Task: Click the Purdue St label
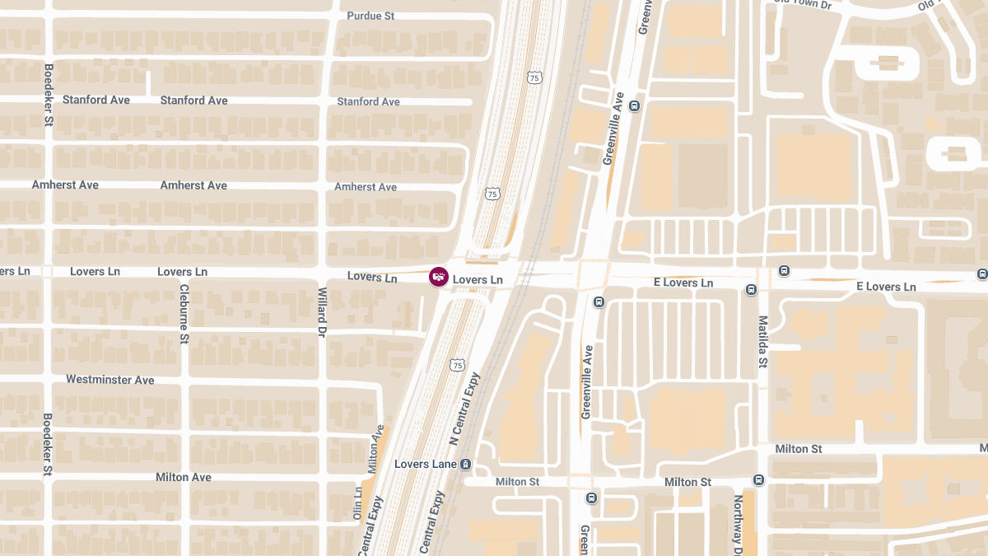pyautogui.click(x=370, y=16)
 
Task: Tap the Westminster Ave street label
pyautogui.click(x=110, y=380)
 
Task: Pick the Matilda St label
pyautogui.click(x=763, y=341)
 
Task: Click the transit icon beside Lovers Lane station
pyautogui.click(x=466, y=465)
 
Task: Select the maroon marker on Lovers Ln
pyautogui.click(x=439, y=277)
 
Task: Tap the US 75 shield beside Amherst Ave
pyautogui.click(x=492, y=194)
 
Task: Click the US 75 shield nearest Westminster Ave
pyautogui.click(x=458, y=364)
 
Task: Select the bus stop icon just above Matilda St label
pyautogui.click(x=751, y=290)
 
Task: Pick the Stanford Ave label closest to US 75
pyautogui.click(x=368, y=101)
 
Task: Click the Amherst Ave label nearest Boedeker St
pyautogui.click(x=65, y=185)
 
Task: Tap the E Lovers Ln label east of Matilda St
pyautogui.click(x=886, y=286)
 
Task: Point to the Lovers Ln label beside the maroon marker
pyautogui.click(x=478, y=280)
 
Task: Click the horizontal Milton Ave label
pyautogui.click(x=184, y=477)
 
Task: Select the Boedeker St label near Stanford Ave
pyautogui.click(x=49, y=96)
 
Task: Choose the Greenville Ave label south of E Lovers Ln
pyautogui.click(x=587, y=381)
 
